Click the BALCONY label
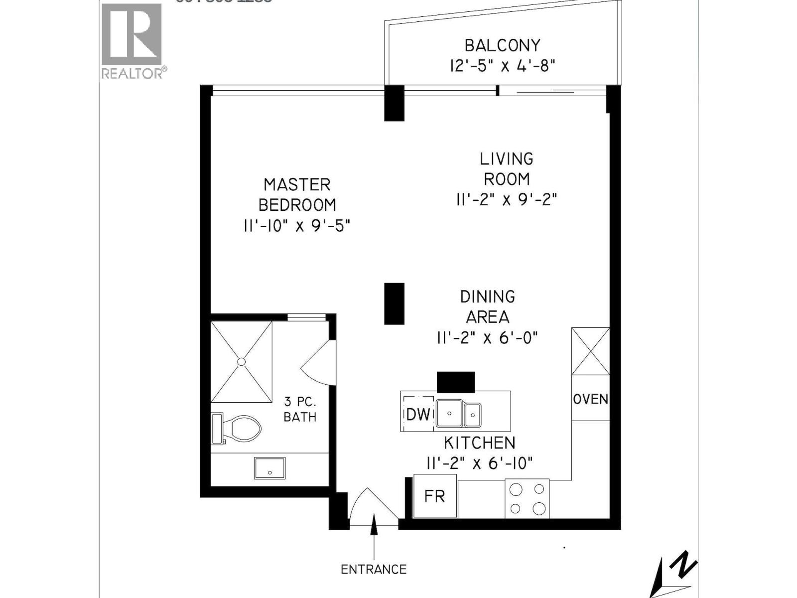click(502, 45)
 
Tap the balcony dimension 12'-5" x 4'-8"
click(502, 65)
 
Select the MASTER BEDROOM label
click(297, 195)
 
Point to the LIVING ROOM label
click(507, 169)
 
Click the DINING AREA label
click(488, 306)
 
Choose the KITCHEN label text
click(479, 443)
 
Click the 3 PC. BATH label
click(300, 409)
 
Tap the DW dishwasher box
click(417, 414)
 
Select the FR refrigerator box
click(435, 496)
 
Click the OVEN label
click(591, 399)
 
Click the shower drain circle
click(242, 362)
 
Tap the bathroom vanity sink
click(270, 468)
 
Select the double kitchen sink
click(459, 414)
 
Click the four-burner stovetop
click(528, 498)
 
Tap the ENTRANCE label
click(374, 569)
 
